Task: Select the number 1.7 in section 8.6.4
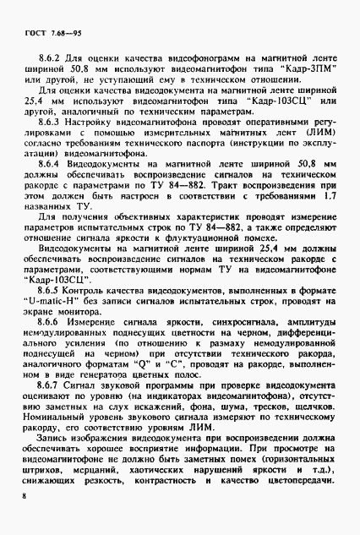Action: click(x=330, y=219)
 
